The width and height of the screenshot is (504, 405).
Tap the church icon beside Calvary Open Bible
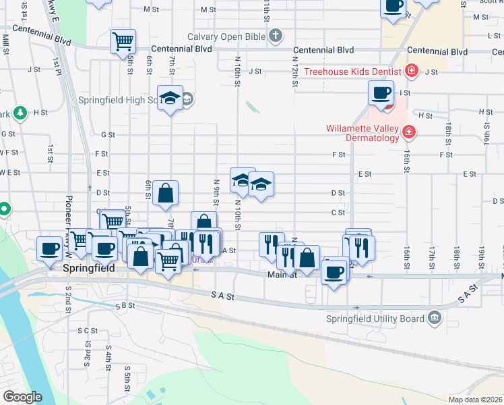pos(275,35)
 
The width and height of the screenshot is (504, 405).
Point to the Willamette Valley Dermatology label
pos(364,132)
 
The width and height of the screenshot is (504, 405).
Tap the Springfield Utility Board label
pos(375,319)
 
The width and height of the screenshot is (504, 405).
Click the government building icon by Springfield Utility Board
pos(434,318)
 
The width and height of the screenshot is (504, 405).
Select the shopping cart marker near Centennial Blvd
pos(123,41)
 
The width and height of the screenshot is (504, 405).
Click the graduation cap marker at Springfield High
pos(170,99)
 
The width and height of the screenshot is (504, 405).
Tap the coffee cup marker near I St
pos(381,92)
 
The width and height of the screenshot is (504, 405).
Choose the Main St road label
pos(282,275)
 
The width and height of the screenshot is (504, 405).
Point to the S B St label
pos(125,306)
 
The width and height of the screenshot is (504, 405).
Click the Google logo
pos(22,397)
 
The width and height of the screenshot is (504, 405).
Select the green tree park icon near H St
pos(20,112)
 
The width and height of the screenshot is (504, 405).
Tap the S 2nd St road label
pos(68,297)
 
